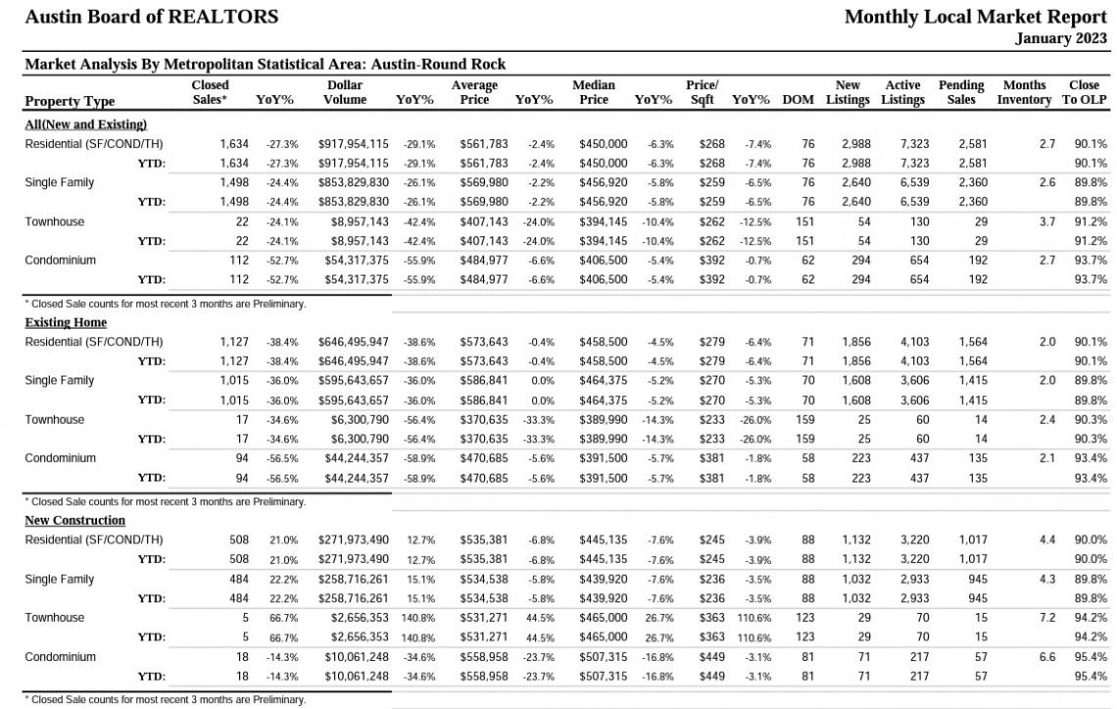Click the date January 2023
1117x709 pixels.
coord(1061,38)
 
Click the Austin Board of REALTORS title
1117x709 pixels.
coord(152,17)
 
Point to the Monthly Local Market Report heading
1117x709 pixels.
coord(976,17)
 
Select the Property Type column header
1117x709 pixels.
coord(70,101)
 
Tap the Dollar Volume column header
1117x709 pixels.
coord(345,93)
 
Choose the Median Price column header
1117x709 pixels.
coord(594,93)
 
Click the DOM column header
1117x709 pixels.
coord(798,100)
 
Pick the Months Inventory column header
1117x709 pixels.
coord(1024,93)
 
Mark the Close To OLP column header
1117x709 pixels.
coord(1085,93)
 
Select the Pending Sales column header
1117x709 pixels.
coord(961,93)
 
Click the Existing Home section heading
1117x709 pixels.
coord(66,323)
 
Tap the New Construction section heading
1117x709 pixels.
coord(74,521)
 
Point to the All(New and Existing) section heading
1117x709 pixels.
coord(85,125)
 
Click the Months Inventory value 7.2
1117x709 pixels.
coord(1046,618)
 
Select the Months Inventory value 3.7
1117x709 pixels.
coord(1046,222)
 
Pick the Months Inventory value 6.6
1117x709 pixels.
coord(1046,657)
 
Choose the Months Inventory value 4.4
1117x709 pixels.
coord(1046,540)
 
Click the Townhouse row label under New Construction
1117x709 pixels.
coord(54,618)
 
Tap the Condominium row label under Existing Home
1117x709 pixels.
coord(60,458)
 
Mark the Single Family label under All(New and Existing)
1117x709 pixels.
coord(59,182)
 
